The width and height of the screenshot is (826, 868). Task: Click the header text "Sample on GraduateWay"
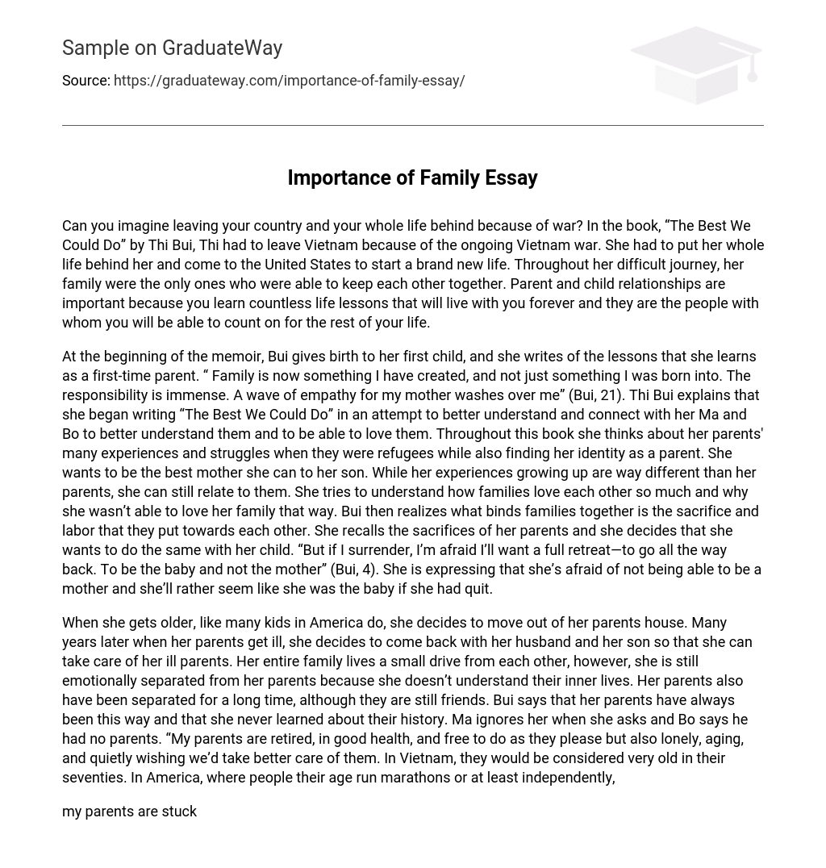click(x=172, y=48)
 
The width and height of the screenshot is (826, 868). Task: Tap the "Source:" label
click(x=86, y=81)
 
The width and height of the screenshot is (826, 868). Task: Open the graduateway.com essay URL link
click(x=289, y=81)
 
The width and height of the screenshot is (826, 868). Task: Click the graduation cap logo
click(x=695, y=65)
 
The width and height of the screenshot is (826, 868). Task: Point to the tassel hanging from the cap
click(x=753, y=72)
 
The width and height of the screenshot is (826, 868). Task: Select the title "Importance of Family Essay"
click(x=412, y=177)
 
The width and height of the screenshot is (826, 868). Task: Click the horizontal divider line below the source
click(x=412, y=125)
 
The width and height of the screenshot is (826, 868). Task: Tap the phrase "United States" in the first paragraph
click(x=306, y=265)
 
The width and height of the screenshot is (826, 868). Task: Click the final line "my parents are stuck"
click(x=129, y=812)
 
